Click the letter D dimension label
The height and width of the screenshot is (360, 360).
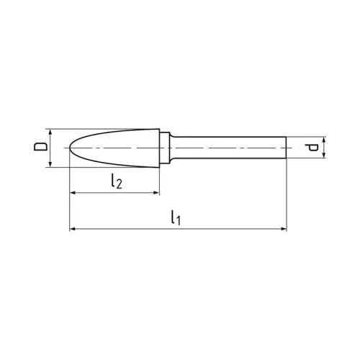[40, 148]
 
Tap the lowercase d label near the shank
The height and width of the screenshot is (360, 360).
[311, 148]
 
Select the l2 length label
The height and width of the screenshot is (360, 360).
[116, 182]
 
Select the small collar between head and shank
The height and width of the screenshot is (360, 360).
[165, 148]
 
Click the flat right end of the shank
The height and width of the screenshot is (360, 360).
[286, 148]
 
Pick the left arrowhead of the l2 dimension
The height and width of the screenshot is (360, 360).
[73, 193]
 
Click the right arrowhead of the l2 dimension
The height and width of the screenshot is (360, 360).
[156, 193]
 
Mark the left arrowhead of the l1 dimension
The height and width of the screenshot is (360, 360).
[73, 230]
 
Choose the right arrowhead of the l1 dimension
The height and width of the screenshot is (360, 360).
[283, 230]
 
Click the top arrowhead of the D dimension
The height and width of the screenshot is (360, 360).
[50, 132]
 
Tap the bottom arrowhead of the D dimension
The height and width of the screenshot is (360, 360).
[50, 164]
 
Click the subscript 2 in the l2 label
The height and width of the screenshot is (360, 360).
[119, 185]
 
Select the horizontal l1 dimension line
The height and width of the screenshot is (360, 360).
[216, 230]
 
